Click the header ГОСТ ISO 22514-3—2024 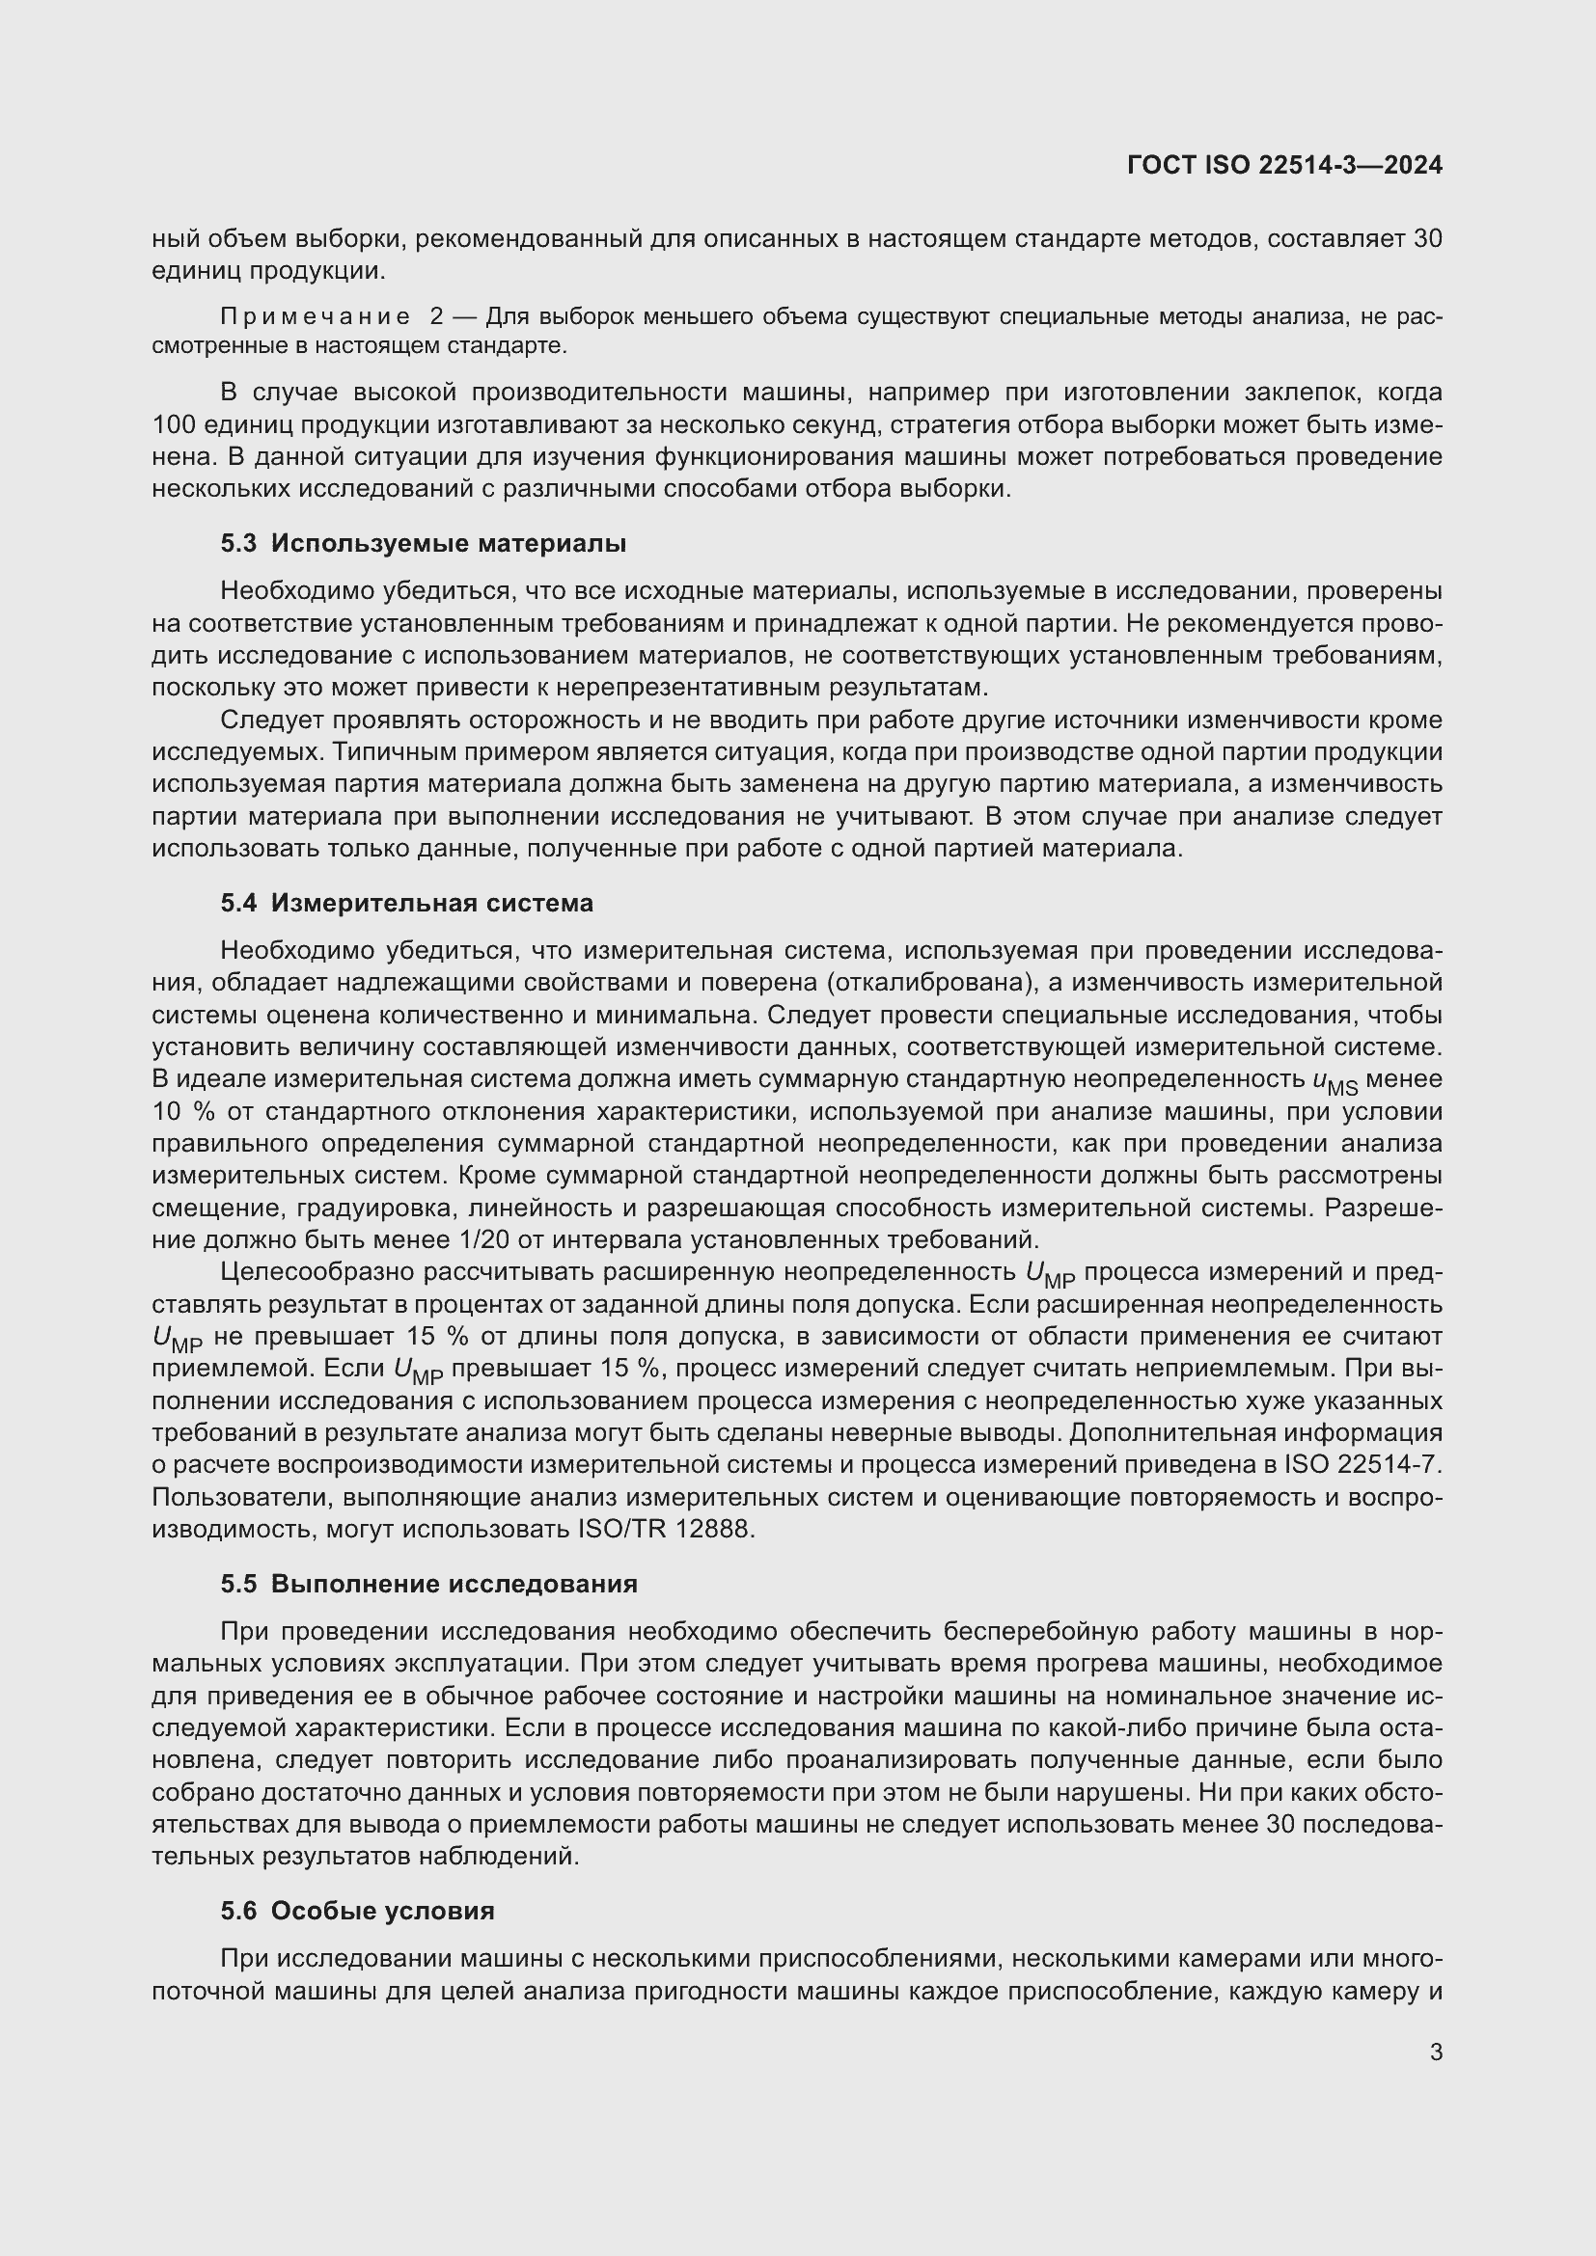pos(1284,165)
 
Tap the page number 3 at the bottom pos(1436,2052)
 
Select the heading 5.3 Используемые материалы pos(423,543)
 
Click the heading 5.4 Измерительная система pos(406,902)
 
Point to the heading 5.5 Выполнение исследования pos(428,1583)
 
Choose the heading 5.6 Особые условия pos(357,1910)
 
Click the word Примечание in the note pos(316,316)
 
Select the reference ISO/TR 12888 pos(654,1529)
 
